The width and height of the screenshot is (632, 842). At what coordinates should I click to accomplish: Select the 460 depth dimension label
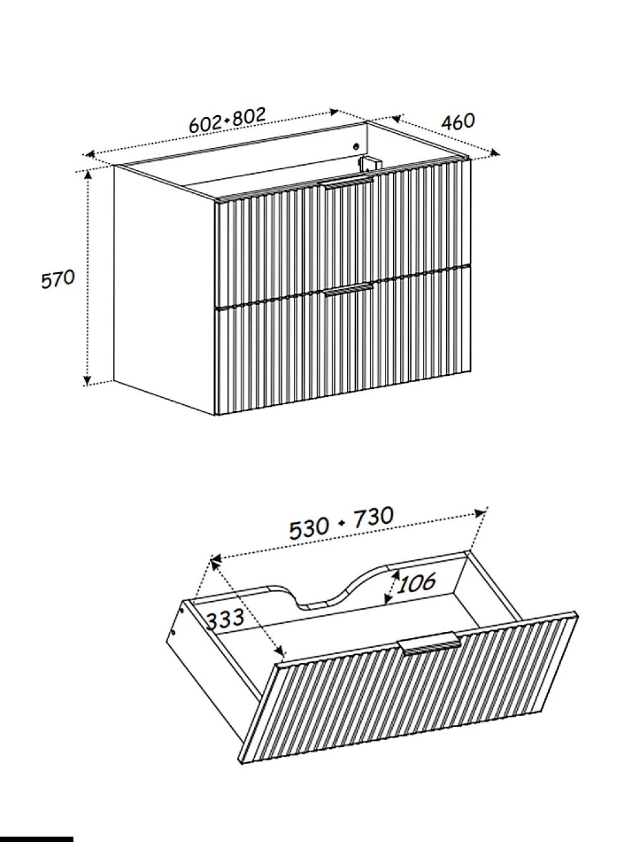coord(458,121)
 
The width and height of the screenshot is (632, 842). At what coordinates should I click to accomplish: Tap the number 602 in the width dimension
coord(206,123)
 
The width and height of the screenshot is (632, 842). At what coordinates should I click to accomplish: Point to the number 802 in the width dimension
coord(249,116)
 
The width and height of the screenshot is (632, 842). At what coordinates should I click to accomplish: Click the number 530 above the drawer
coord(309,529)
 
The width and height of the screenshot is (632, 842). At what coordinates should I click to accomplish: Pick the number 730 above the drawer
coord(374,517)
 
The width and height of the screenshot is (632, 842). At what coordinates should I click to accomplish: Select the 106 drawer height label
coord(416,583)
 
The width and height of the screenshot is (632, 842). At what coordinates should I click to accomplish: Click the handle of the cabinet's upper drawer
coord(348,182)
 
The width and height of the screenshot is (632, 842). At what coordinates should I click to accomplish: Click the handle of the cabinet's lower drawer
coord(348,290)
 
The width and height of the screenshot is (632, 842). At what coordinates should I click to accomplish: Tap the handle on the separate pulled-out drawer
coord(429,644)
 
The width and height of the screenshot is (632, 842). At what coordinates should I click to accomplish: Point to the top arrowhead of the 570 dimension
coord(88,176)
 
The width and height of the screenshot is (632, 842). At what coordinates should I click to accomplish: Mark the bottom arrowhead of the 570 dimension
coord(88,380)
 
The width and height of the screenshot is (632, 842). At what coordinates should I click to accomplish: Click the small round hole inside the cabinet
coord(356,146)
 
